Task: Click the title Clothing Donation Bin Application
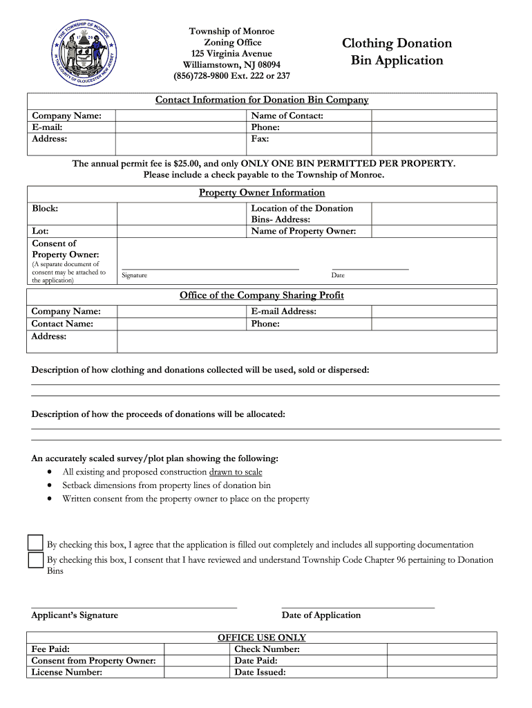397,52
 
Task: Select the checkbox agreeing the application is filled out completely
36,543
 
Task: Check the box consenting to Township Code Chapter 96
36,560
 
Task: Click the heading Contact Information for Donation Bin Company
262,100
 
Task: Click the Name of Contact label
287,116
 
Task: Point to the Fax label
260,139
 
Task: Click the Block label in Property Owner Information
45,208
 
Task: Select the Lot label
40,231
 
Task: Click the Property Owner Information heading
262,193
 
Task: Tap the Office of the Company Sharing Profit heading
262,295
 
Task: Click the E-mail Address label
283,312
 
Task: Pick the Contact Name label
62,324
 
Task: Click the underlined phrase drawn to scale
236,472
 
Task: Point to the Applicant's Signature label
75,615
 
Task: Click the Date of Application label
321,615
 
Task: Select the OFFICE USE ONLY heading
262,637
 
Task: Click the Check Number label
267,649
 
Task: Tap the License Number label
67,672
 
